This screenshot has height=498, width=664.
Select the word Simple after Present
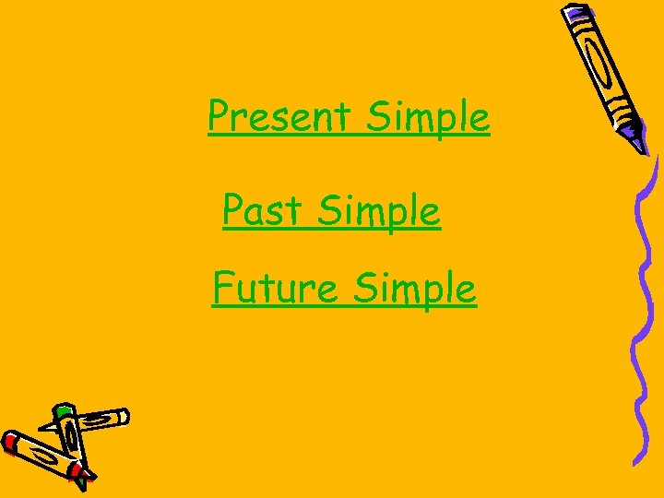click(x=428, y=118)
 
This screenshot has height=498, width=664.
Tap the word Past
click(x=263, y=211)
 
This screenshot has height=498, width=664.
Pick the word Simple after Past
click(x=379, y=212)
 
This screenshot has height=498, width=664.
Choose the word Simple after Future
click(x=415, y=290)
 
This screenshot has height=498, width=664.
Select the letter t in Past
click(x=295, y=211)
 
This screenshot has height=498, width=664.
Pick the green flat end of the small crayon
click(x=64, y=411)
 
